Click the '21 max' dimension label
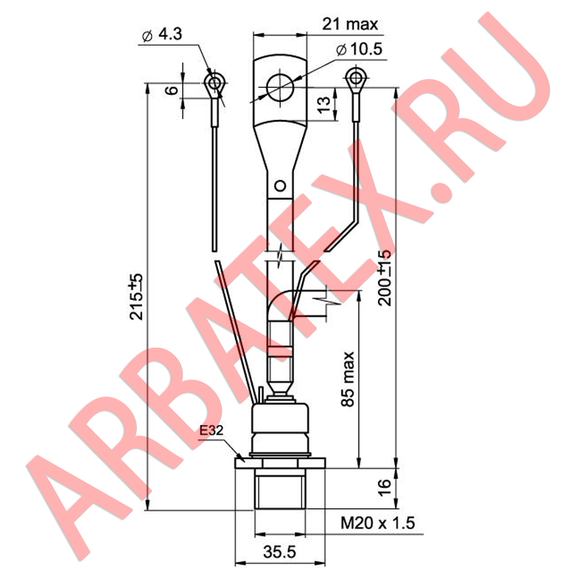click(350, 24)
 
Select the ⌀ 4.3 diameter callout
click(162, 35)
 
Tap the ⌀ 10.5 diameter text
click(359, 49)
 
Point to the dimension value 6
click(172, 90)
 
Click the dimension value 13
click(324, 105)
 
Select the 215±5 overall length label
click(136, 297)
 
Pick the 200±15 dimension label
click(385, 278)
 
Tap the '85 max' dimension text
click(347, 380)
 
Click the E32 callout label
click(212, 430)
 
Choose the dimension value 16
click(384, 488)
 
